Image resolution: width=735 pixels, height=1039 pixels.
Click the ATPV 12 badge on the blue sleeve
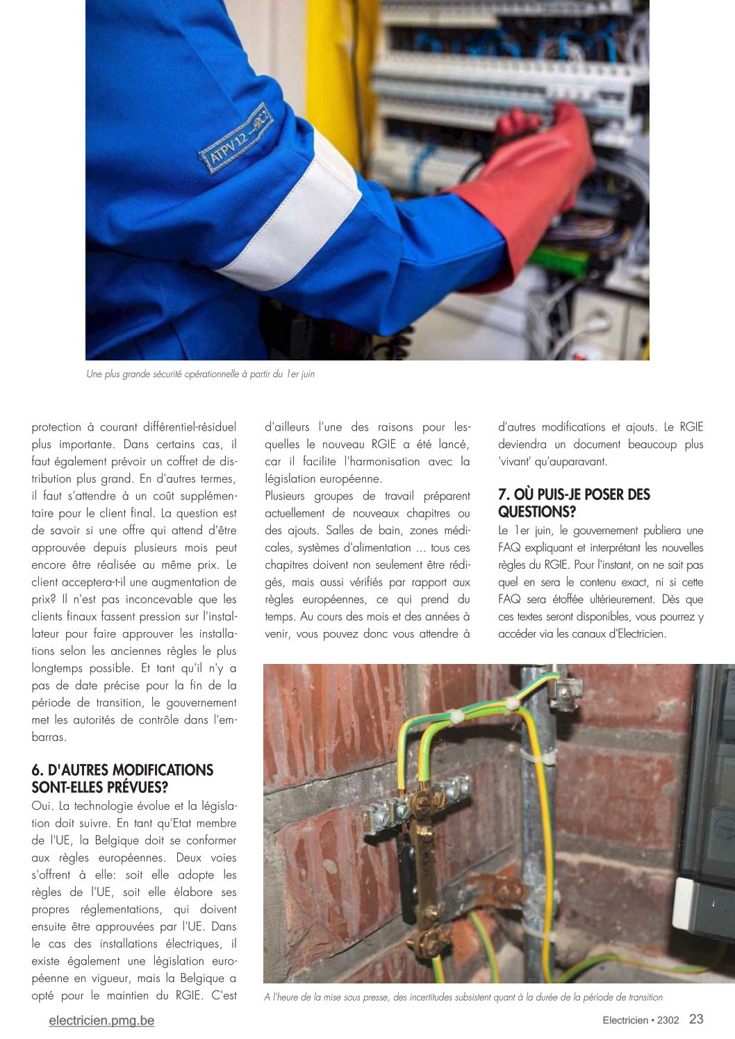pyautogui.click(x=237, y=138)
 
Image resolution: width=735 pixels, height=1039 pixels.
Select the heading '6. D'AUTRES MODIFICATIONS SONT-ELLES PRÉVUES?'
pyautogui.click(x=122, y=779)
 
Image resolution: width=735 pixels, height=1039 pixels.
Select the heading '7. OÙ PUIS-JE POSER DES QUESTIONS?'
pyautogui.click(x=574, y=503)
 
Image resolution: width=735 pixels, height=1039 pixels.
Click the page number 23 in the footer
pyautogui.click(x=696, y=1019)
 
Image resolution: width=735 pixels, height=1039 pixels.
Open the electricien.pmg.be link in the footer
pyautogui.click(x=101, y=1020)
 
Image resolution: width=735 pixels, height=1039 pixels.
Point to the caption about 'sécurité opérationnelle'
pyautogui.click(x=200, y=374)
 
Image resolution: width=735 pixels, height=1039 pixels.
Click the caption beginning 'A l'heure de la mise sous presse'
pyautogui.click(x=463, y=997)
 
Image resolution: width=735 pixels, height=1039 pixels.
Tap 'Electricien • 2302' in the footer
pyautogui.click(x=641, y=1020)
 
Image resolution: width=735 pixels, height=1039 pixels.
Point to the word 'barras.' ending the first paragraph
pyautogui.click(x=49, y=737)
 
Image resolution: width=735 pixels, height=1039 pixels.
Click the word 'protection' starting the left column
pyautogui.click(x=56, y=427)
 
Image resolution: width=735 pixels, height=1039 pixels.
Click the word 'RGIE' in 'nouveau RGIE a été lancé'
pyautogui.click(x=383, y=444)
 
